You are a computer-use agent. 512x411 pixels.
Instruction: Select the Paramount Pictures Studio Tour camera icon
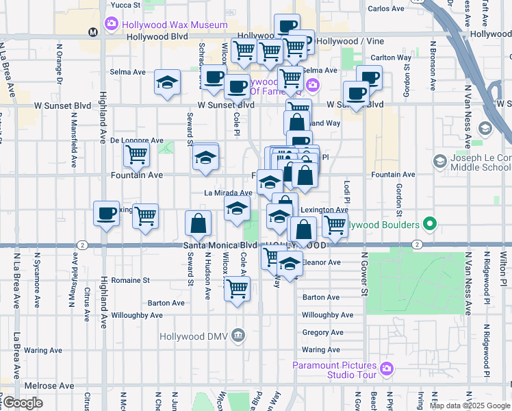pos(387,369)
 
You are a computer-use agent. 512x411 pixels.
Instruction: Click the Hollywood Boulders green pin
pos(430,224)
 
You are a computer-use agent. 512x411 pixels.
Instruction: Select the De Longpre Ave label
pos(137,140)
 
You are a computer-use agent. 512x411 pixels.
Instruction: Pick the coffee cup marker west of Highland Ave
pos(106,214)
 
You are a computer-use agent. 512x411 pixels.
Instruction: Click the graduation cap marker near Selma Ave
pos(167,82)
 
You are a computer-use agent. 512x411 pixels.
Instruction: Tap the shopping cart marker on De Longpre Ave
pos(136,155)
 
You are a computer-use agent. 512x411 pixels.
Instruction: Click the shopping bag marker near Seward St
pos(197,223)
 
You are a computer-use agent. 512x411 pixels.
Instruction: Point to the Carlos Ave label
pos(386,8)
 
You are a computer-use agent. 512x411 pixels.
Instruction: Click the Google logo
pos(23,403)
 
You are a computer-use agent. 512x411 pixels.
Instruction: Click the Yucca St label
pos(124,4)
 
